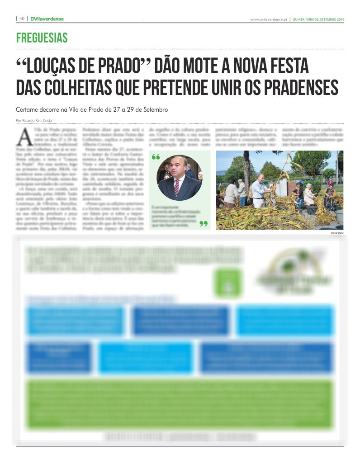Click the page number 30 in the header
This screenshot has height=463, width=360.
pyautogui.click(x=21, y=19)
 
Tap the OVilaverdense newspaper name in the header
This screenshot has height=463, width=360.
pyautogui.click(x=47, y=19)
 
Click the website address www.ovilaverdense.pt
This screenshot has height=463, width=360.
pyautogui.click(x=269, y=19)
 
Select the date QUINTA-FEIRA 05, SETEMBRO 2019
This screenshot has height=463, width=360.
pyautogui.click(x=318, y=19)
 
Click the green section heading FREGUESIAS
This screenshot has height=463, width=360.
pyautogui.click(x=42, y=38)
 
